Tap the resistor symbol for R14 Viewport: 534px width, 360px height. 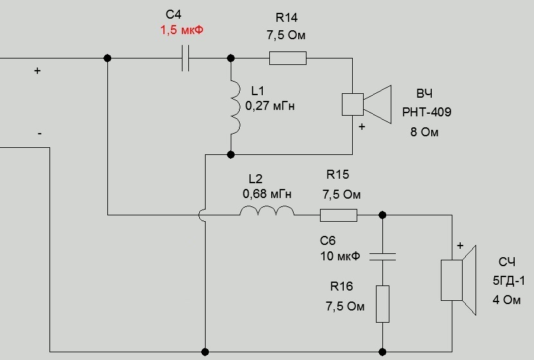click(287, 59)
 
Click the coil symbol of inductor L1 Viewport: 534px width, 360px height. click(231, 106)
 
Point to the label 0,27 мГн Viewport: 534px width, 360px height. click(270, 105)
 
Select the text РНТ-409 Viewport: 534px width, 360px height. click(427, 113)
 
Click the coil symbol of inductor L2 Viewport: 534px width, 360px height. click(267, 212)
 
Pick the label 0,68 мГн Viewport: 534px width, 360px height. click(267, 192)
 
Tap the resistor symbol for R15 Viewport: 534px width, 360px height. click(339, 215)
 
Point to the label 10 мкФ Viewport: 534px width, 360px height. click(340, 256)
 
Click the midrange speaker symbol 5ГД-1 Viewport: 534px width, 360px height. click(459, 280)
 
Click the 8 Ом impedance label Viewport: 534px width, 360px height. click(425, 133)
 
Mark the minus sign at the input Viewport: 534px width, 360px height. click(40, 134)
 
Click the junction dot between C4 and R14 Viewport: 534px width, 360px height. click(231, 59)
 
